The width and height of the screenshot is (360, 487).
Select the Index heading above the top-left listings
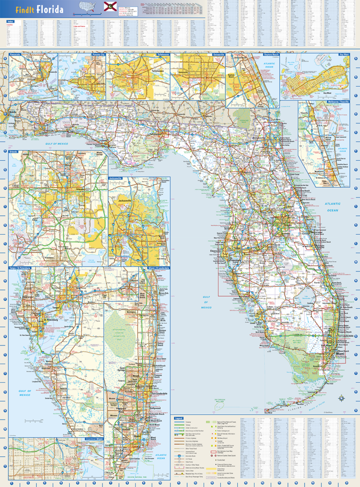pyautogui.click(x=9, y=21)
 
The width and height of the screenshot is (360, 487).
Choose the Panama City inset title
pyautogui.click(x=99, y=55)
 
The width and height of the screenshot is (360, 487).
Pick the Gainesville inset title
pyautogui.click(x=218, y=55)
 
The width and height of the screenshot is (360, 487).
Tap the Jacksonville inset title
pyautogui.click(x=116, y=178)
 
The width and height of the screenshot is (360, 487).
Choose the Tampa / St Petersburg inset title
pyautogui.click(x=19, y=268)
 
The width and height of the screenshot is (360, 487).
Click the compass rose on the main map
pyautogui.click(x=341, y=397)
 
